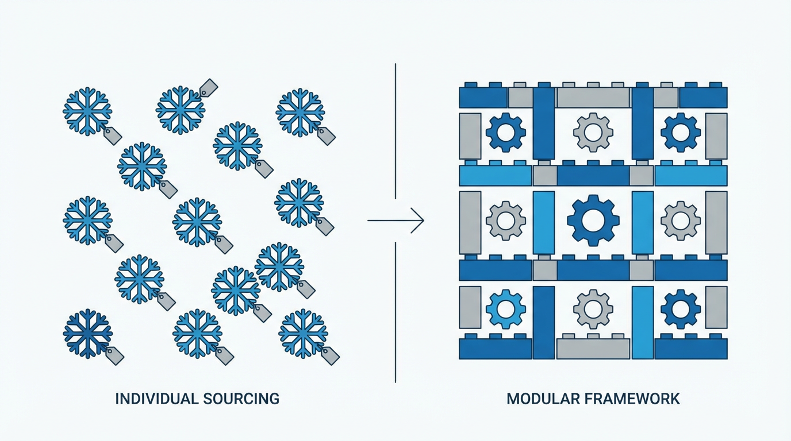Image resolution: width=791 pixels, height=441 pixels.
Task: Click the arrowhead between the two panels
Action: click(x=419, y=220)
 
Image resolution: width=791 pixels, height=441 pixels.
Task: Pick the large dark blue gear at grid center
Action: click(x=593, y=220)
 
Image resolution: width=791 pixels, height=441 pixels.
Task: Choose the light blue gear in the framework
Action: click(x=505, y=308)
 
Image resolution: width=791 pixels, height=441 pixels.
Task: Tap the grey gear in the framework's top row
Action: click(x=593, y=132)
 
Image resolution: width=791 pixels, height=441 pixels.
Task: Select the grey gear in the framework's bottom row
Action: click(x=593, y=308)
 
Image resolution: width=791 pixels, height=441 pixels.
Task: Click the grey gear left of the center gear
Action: click(x=505, y=220)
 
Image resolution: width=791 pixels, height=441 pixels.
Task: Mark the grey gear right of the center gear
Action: click(x=680, y=220)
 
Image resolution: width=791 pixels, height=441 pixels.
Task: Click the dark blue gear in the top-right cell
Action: click(x=680, y=132)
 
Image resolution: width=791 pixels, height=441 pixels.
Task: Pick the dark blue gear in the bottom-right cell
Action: click(x=680, y=308)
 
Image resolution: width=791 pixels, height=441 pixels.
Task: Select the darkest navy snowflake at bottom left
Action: click(x=87, y=334)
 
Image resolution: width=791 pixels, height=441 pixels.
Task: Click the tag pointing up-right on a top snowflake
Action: click(x=208, y=88)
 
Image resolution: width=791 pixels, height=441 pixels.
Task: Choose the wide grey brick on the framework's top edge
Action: click(x=593, y=98)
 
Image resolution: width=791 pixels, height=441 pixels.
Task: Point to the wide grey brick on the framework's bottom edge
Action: click(x=593, y=348)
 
